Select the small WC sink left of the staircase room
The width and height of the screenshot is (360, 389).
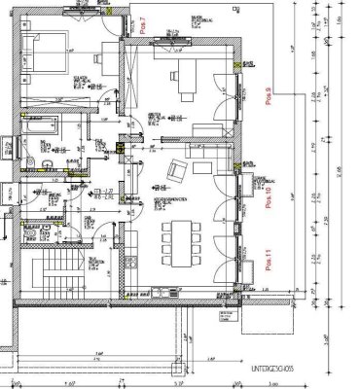pyautogui.click(x=30, y=233)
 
